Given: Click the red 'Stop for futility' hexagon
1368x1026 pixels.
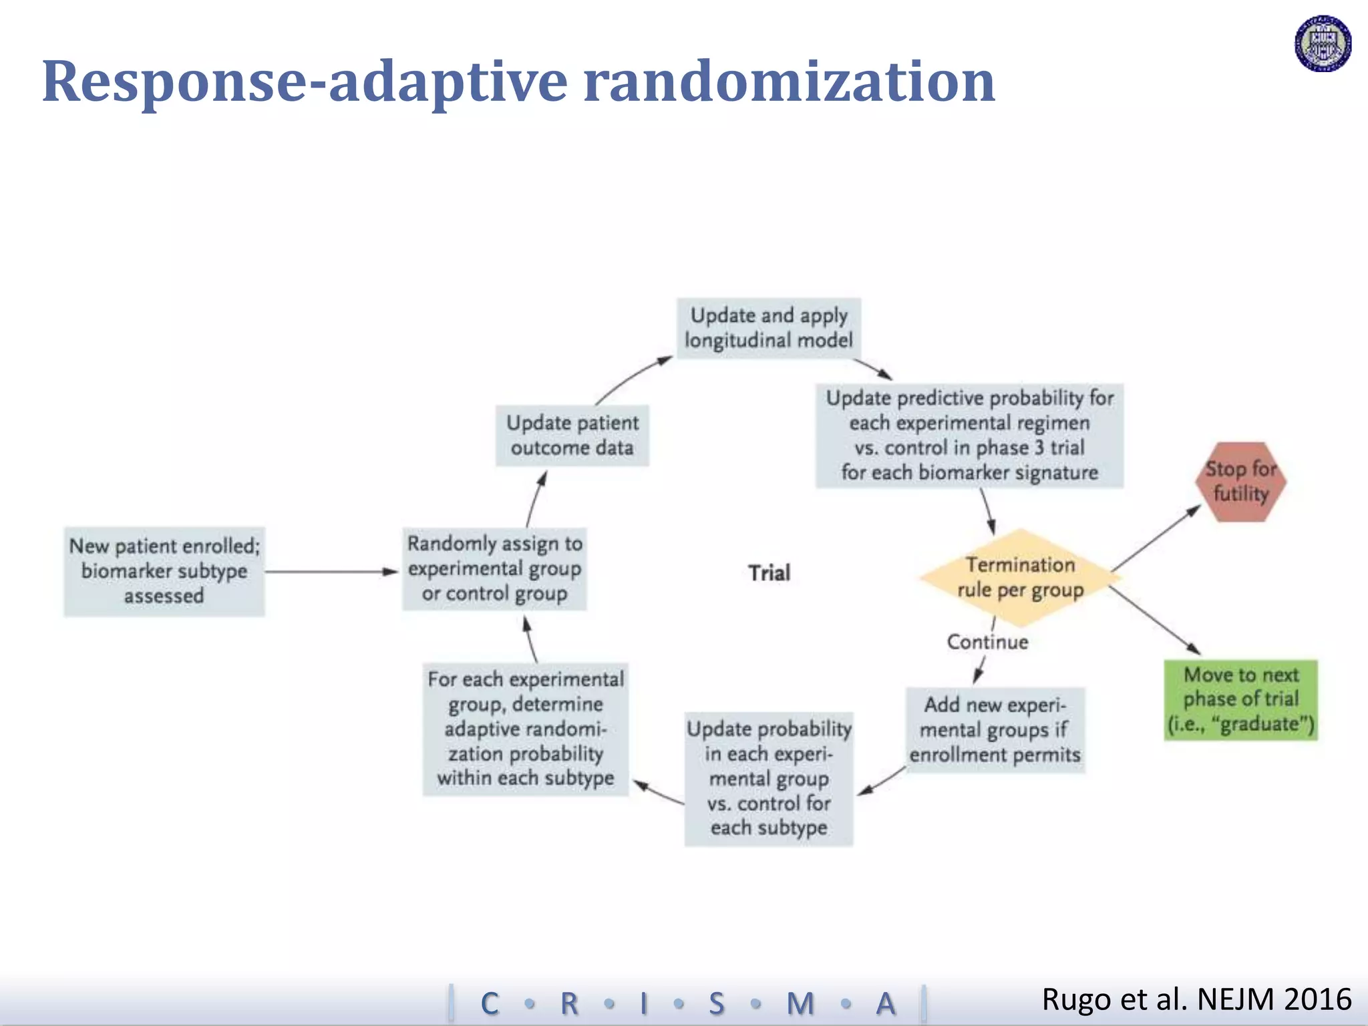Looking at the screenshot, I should [x=1240, y=482].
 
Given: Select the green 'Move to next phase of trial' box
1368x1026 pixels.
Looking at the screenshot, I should [x=1240, y=699].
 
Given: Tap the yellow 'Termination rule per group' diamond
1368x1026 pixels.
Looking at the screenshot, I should [x=1020, y=578].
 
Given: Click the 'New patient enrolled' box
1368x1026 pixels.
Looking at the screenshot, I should [x=164, y=571].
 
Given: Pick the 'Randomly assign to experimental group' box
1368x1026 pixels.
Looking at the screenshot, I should [x=494, y=569].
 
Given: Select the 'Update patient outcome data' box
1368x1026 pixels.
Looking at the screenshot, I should [x=572, y=435].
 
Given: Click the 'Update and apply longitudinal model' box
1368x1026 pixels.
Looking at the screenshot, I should [x=769, y=328].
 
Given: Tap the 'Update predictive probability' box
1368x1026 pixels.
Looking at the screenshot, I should [x=969, y=436].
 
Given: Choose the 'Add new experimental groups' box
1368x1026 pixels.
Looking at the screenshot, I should [x=995, y=729].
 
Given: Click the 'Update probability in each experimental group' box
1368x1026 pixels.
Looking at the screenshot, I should [x=769, y=779].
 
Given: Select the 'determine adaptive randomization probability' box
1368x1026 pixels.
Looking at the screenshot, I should [x=526, y=729].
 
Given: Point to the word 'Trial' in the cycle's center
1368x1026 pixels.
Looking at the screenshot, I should [x=769, y=573].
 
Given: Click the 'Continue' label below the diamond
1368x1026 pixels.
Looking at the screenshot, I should [x=987, y=642].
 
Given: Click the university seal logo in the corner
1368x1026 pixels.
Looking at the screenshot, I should [x=1323, y=43].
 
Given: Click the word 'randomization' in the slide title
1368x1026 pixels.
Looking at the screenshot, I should [x=789, y=81].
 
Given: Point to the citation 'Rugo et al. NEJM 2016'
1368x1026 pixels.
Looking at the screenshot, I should [x=1196, y=999].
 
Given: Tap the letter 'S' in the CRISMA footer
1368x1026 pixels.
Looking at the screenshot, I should [x=716, y=1003].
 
